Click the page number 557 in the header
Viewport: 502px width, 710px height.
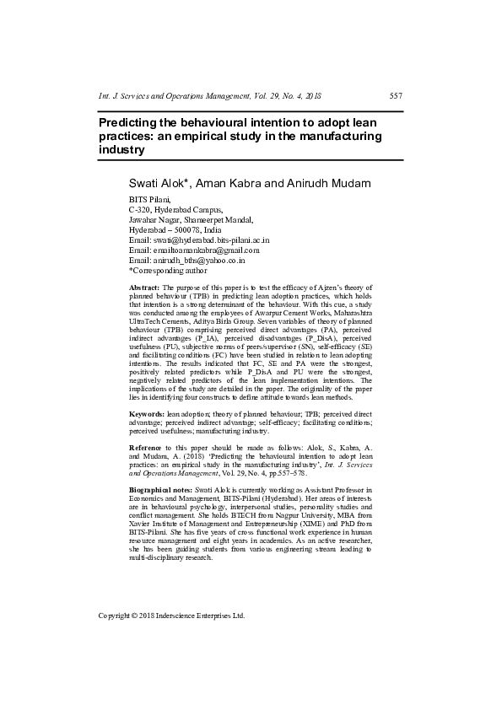coord(396,96)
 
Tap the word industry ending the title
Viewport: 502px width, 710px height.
coord(121,149)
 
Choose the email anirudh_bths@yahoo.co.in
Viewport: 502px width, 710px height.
coord(202,260)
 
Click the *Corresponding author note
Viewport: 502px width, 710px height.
coord(167,270)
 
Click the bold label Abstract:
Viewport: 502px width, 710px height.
coord(143,288)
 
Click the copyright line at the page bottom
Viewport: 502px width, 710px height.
coord(171,616)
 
